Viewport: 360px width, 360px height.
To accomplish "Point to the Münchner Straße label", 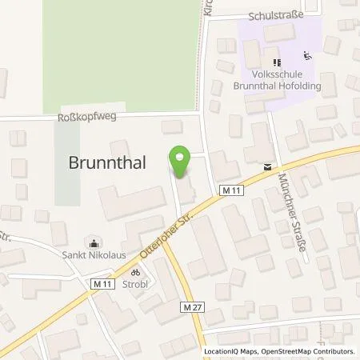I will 297,226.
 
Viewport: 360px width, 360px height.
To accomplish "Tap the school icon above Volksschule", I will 276,62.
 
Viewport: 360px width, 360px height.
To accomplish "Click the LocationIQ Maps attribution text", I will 230,351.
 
